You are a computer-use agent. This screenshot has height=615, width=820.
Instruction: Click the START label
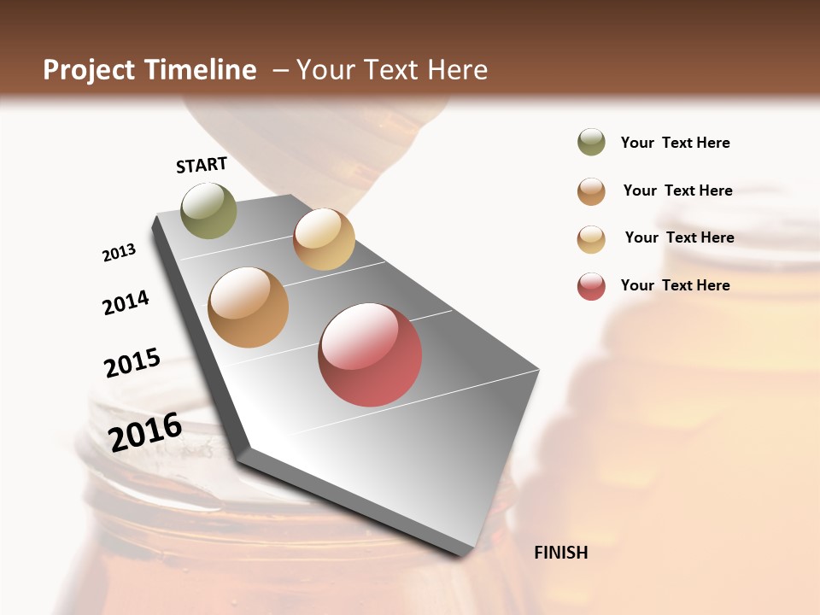click(x=202, y=165)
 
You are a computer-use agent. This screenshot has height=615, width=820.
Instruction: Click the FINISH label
click(x=560, y=553)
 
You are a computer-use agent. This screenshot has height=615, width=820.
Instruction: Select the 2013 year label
click(x=119, y=253)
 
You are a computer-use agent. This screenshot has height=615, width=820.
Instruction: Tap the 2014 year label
click(x=126, y=302)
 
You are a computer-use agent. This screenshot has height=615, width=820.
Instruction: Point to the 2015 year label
click(x=132, y=363)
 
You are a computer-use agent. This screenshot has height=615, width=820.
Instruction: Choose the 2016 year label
click(x=145, y=431)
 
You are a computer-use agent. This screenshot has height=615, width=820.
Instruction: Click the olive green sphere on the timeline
click(x=208, y=210)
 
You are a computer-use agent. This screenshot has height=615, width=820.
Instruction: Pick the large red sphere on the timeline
click(x=370, y=354)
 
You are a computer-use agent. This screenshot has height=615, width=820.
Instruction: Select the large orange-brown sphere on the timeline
click(x=249, y=307)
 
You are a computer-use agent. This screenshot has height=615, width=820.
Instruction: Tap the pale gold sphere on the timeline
click(x=324, y=239)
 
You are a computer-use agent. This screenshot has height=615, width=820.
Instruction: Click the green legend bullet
click(x=591, y=143)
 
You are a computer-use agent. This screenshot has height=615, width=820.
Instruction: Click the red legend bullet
click(x=591, y=286)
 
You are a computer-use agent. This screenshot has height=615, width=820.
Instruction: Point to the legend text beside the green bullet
click(x=675, y=143)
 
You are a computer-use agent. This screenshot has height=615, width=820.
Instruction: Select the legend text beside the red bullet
click(x=675, y=285)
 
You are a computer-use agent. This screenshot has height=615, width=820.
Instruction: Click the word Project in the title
click(x=90, y=70)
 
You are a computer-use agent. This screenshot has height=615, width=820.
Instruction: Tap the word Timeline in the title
click(x=201, y=69)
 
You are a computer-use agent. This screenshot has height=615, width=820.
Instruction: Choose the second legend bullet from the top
click(x=591, y=191)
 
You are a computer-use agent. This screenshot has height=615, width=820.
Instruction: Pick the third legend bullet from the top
click(x=591, y=239)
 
